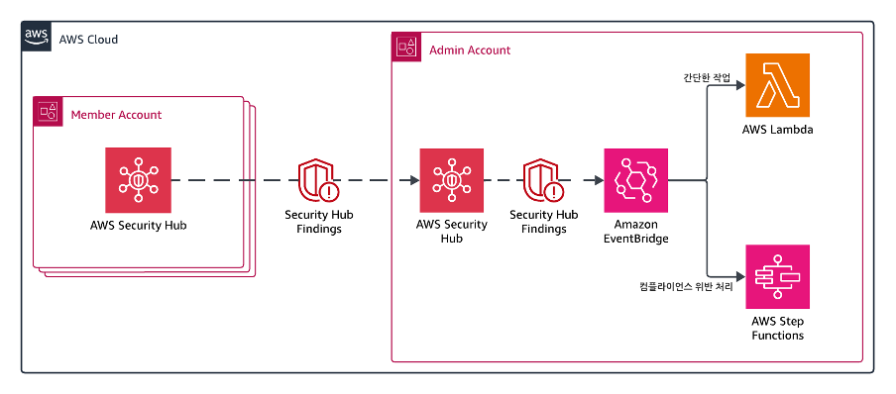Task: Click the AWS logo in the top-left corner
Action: click(x=37, y=37)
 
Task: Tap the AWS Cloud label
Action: click(x=88, y=40)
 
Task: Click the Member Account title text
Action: click(x=116, y=115)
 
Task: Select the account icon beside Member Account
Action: click(x=48, y=111)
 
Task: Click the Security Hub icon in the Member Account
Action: click(x=139, y=180)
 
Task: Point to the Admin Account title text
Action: click(x=470, y=50)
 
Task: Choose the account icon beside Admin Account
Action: click(x=405, y=47)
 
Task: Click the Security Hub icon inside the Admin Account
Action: click(x=451, y=180)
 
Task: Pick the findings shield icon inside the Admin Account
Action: click(x=543, y=180)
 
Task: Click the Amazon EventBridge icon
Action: click(x=636, y=180)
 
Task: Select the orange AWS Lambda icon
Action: click(x=778, y=85)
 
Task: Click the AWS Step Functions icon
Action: click(x=778, y=277)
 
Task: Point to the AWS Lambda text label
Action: click(x=777, y=130)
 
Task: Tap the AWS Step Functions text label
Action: click(x=778, y=329)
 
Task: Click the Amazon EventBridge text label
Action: click(x=636, y=231)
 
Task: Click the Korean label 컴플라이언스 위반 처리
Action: click(x=686, y=287)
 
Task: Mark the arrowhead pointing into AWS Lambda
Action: click(x=741, y=85)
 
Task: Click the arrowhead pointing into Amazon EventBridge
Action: click(x=600, y=180)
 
